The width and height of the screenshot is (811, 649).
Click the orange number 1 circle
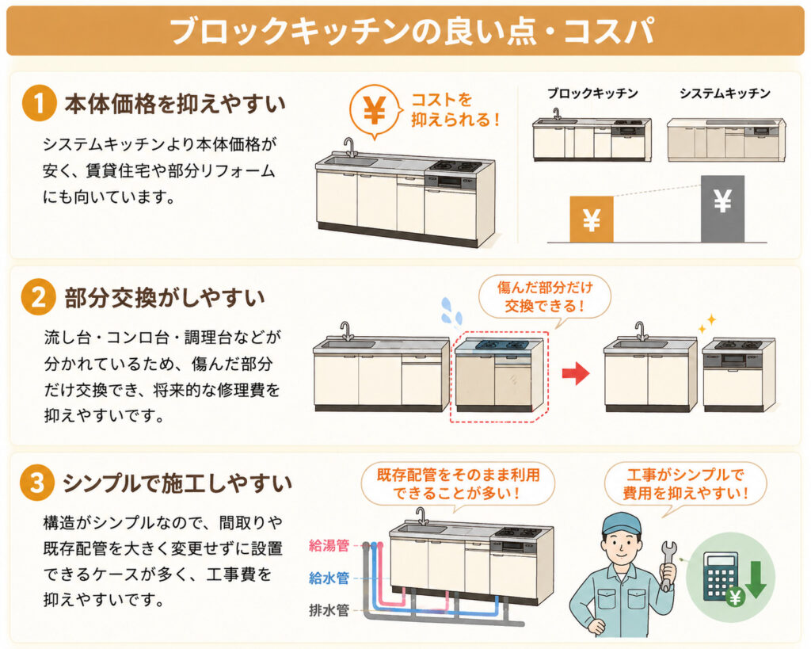coord(39,104)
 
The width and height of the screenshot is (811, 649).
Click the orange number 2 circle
coord(39,298)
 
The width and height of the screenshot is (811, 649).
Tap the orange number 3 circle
coord(37,483)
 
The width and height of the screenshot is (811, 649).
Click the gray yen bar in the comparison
coord(722,208)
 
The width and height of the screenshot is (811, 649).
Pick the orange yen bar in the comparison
coord(591,219)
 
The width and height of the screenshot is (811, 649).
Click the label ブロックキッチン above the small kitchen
coord(592,94)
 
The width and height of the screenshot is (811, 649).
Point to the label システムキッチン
coord(725,94)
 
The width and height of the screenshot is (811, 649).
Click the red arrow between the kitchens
coord(576,372)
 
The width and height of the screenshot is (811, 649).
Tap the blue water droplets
coord(451,312)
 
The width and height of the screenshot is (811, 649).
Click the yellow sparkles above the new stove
coord(706,323)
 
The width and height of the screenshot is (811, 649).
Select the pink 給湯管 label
coord(329,545)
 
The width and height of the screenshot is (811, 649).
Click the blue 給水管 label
coord(329,578)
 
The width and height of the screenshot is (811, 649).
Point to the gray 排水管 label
coord(329,610)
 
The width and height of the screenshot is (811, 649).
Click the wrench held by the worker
coord(668,565)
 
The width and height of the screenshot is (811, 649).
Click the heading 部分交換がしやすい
coord(165,298)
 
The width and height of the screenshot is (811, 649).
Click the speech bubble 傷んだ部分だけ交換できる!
coord(545,298)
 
